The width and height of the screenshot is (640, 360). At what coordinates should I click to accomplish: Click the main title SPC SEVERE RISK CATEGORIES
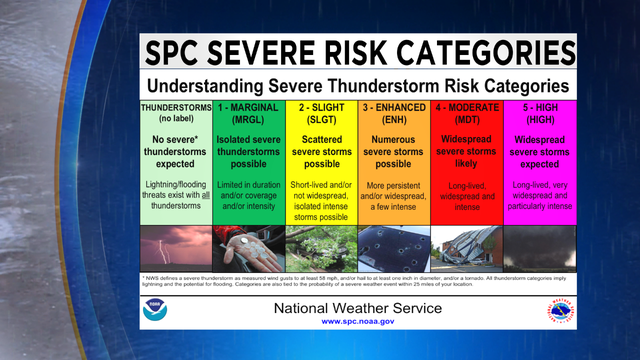pyautogui.click(x=358, y=52)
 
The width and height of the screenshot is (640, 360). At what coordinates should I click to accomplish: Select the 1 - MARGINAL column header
pyautogui.click(x=248, y=113)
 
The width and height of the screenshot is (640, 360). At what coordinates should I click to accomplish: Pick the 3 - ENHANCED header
pyautogui.click(x=394, y=113)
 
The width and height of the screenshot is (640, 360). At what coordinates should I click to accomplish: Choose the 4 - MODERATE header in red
pyautogui.click(x=467, y=113)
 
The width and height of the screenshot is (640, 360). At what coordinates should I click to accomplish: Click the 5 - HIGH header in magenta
pyautogui.click(x=540, y=113)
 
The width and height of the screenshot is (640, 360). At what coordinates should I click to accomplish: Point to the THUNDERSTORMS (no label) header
pyautogui.click(x=175, y=113)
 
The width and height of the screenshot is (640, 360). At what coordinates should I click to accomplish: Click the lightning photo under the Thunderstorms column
pyautogui.click(x=175, y=248)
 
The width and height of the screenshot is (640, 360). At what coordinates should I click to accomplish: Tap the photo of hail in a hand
pyautogui.click(x=248, y=248)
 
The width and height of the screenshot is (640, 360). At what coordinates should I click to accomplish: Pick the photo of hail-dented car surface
pyautogui.click(x=394, y=248)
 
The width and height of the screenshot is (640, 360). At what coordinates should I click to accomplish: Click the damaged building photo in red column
pyautogui.click(x=467, y=248)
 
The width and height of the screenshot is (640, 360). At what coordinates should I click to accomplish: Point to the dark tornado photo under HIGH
pyautogui.click(x=540, y=248)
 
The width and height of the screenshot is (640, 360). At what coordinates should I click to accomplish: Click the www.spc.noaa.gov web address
pyautogui.click(x=358, y=322)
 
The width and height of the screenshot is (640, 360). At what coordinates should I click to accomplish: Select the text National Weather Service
pyautogui.click(x=358, y=307)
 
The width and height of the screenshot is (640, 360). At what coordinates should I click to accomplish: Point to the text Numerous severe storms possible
pyautogui.click(x=394, y=151)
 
